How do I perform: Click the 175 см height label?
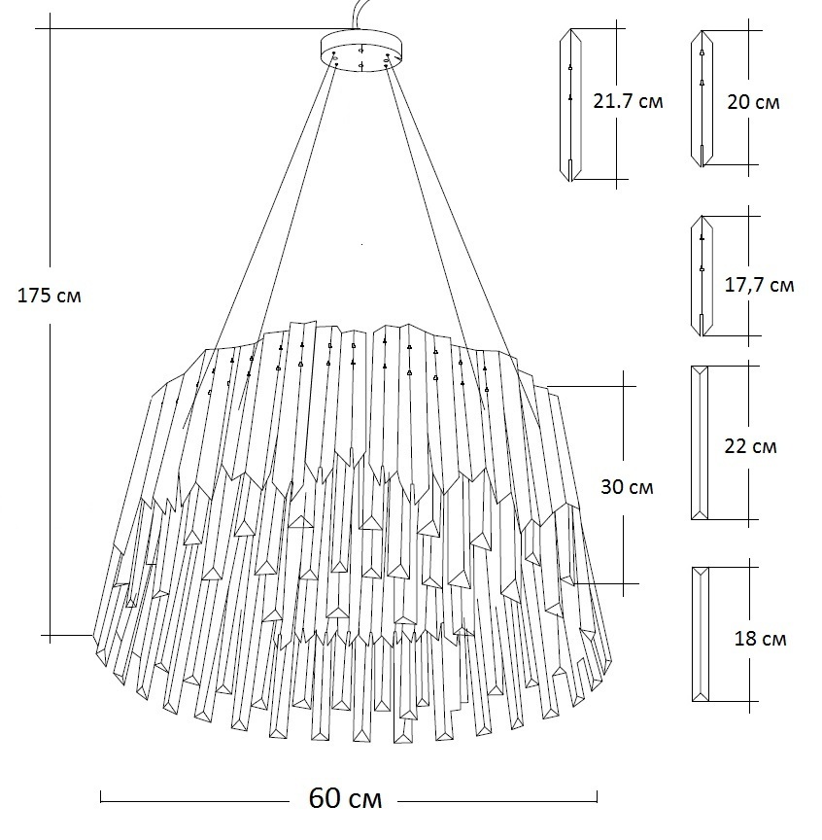50,296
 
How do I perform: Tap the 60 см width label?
345,799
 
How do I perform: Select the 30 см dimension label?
627,486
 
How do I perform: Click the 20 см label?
753,101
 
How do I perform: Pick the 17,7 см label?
759,285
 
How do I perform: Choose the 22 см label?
751,447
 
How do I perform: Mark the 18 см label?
761,639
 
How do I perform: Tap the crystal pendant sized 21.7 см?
570,105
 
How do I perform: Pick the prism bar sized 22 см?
699,444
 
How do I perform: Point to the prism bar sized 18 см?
700,634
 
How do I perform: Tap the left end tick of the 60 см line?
101,799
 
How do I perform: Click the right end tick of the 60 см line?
597,799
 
